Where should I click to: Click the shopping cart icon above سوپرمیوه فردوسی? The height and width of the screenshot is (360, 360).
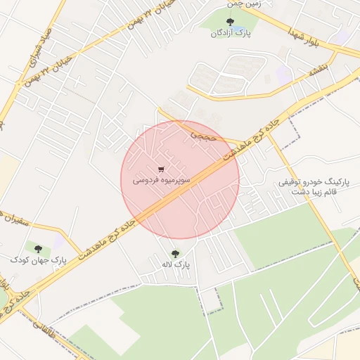(162, 169)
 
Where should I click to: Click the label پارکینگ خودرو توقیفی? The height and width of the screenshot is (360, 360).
(314, 182)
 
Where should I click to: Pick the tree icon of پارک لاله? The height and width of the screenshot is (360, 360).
(175, 253)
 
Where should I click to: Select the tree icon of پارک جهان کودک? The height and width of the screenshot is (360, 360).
(38, 248)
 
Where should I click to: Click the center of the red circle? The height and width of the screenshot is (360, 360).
(180, 179)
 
